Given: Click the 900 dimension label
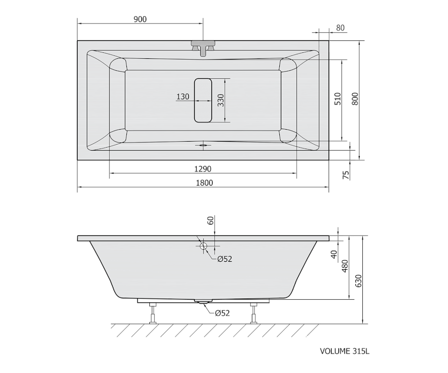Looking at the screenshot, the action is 140,19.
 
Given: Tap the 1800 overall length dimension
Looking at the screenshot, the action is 204,183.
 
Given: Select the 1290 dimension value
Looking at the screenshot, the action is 203,169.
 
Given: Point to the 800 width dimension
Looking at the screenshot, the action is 355,98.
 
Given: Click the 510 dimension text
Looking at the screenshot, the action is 337,98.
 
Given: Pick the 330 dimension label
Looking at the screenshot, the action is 221,100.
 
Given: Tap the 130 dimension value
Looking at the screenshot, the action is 183,97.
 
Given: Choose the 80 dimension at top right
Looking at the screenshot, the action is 340,28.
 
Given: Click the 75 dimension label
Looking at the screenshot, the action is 346,175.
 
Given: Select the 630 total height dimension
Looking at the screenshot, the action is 358,281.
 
